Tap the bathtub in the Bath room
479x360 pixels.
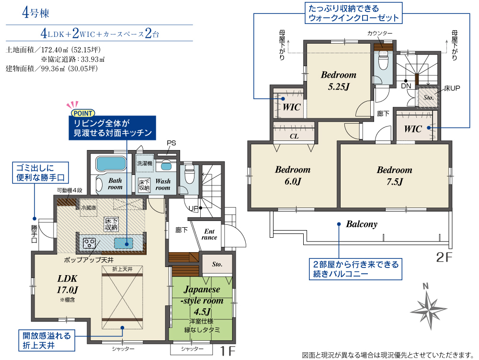(x=111, y=164)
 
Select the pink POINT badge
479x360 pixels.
(x=82, y=113)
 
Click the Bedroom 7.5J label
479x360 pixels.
(x=394, y=176)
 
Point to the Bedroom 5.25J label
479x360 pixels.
(x=339, y=81)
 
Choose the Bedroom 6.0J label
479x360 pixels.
(x=293, y=175)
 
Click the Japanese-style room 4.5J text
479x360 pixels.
(x=202, y=301)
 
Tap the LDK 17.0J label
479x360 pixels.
(x=68, y=284)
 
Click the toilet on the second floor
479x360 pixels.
(x=383, y=59)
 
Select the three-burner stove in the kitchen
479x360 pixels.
(x=89, y=243)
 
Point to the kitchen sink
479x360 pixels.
(x=124, y=244)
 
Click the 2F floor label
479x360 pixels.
(x=444, y=257)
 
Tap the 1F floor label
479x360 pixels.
(x=228, y=351)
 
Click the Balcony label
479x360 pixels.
(x=362, y=224)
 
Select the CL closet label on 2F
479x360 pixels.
(x=294, y=136)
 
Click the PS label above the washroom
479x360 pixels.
(x=171, y=143)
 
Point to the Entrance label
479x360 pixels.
(x=210, y=234)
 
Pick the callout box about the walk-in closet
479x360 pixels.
(x=354, y=13)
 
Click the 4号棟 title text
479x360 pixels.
(x=35, y=13)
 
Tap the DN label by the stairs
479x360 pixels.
(x=406, y=86)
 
